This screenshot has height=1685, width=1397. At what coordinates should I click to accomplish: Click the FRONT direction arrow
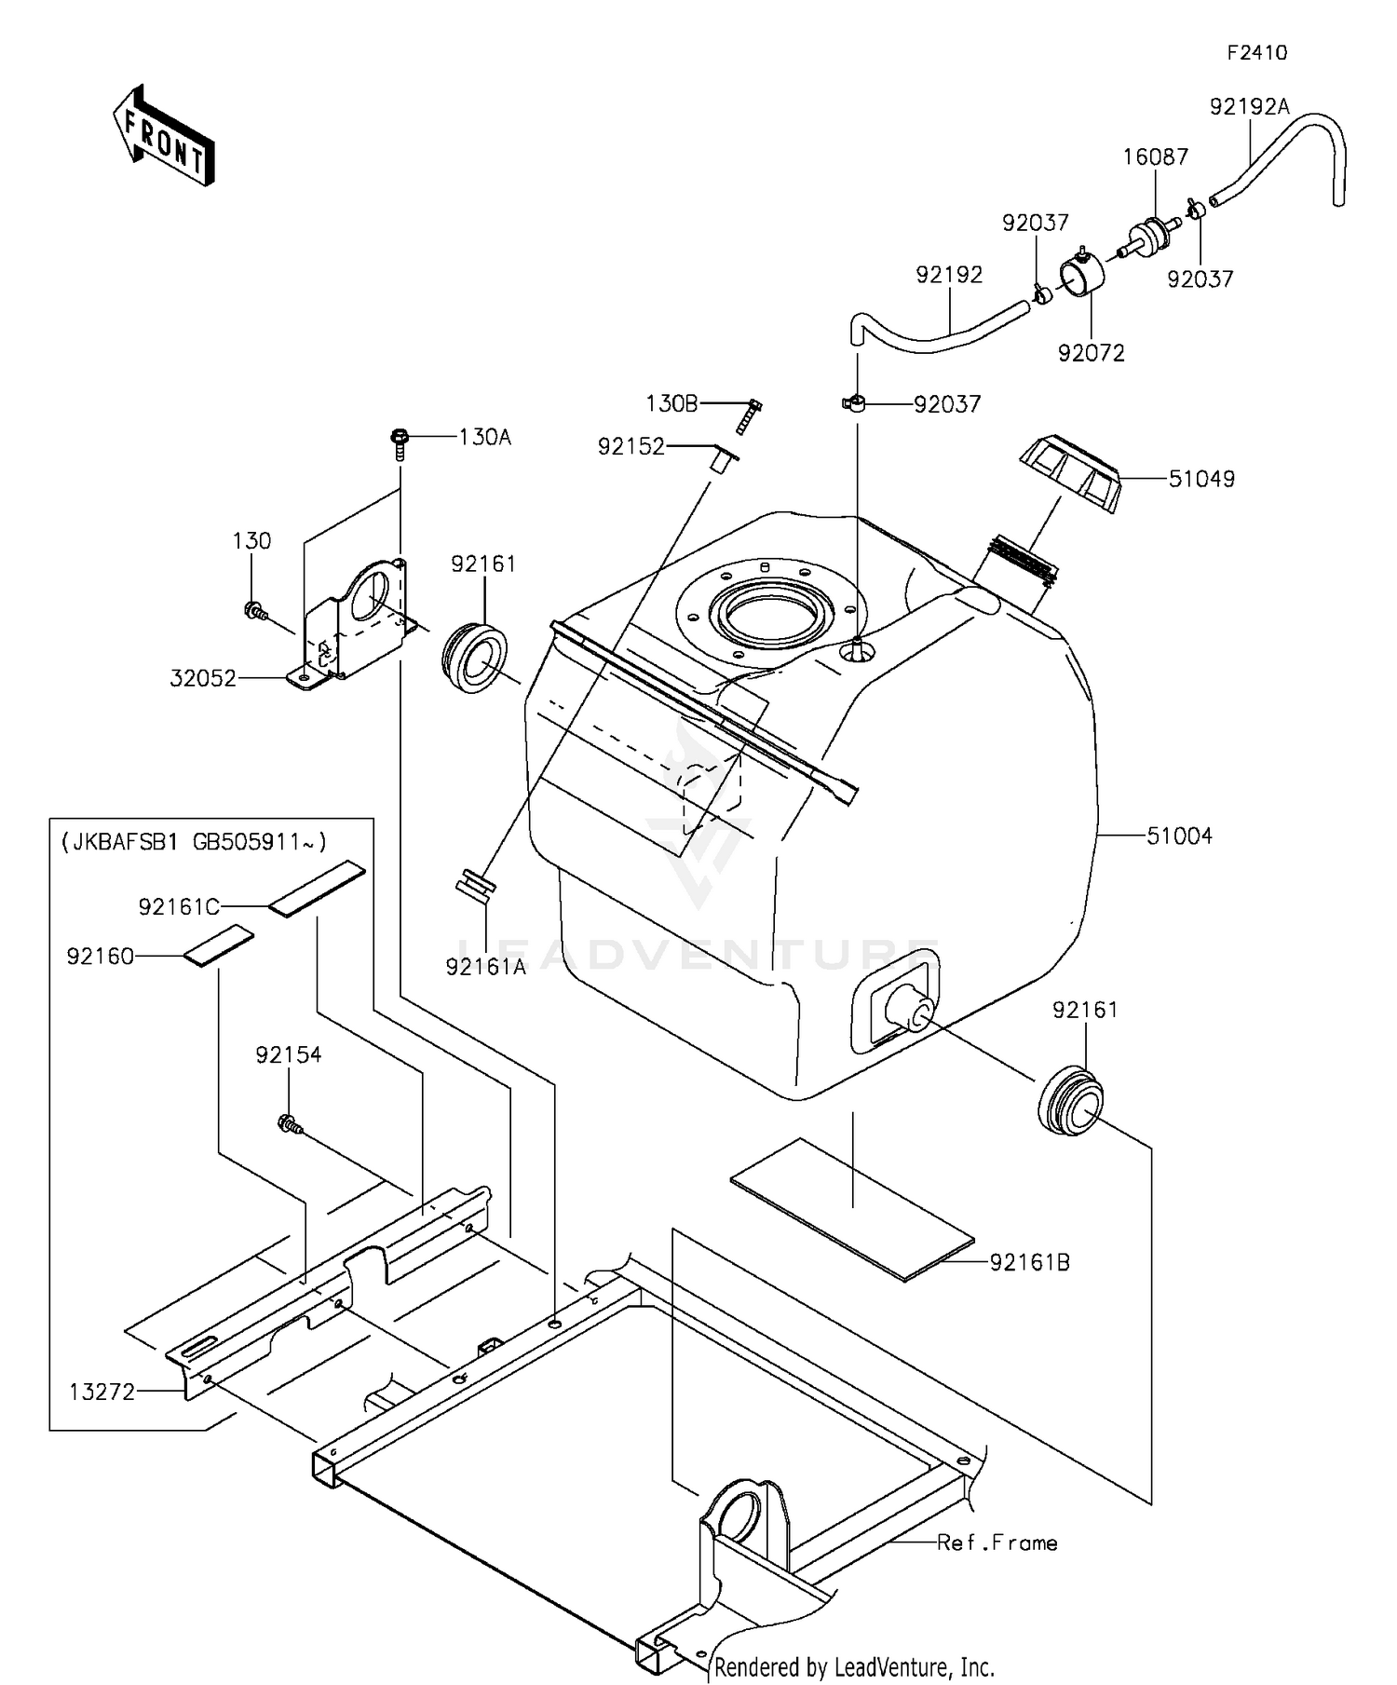pyautogui.click(x=164, y=136)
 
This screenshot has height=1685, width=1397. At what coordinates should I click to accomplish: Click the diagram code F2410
pyautogui.click(x=1256, y=53)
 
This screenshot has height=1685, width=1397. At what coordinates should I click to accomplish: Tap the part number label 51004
pyautogui.click(x=1179, y=836)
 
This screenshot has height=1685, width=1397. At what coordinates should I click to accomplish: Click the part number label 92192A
pyautogui.click(x=1249, y=107)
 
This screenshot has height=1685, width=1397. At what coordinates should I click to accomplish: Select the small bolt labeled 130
pyautogui.click(x=252, y=611)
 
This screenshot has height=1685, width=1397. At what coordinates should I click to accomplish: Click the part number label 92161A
pyautogui.click(x=485, y=967)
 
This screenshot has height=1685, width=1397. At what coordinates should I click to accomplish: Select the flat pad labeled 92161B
pyautogui.click(x=851, y=1209)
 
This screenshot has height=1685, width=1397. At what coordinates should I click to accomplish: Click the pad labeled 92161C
pyautogui.click(x=317, y=890)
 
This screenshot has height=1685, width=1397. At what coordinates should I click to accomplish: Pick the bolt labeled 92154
pyautogui.click(x=289, y=1125)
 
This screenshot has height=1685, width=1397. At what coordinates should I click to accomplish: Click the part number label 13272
pyautogui.click(x=102, y=1392)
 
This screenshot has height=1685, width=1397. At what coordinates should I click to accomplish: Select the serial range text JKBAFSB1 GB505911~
pyautogui.click(x=194, y=843)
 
